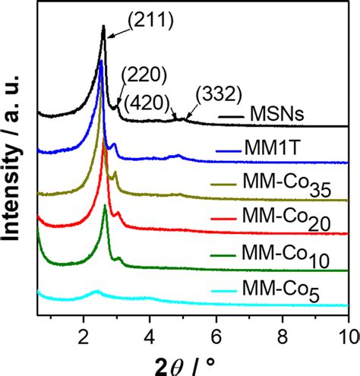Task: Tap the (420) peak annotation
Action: click(156, 100)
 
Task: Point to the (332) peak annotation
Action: click(218, 93)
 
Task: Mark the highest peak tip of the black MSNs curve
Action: click(103, 27)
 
